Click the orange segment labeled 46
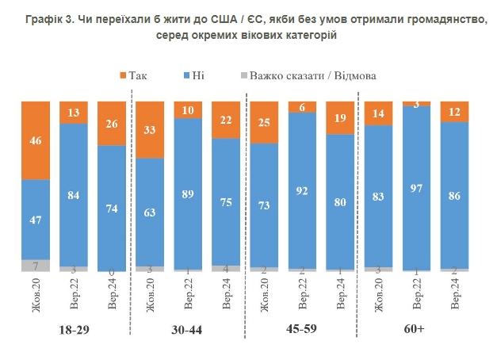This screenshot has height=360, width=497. point(36,140)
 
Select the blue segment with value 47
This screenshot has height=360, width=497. point(36,220)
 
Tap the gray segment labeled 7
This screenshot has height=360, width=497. point(36,266)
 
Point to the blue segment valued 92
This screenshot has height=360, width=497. point(302,190)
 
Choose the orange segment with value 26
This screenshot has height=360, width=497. point(112,124)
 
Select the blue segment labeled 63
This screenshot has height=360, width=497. point(150,212)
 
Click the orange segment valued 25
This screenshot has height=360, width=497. point(264,123)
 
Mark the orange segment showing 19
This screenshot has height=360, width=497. point(340,118)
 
